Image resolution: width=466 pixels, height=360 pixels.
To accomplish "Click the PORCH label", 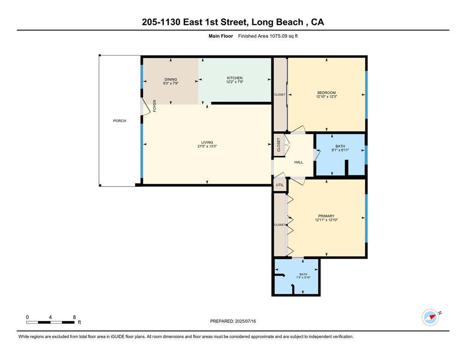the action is point(119,121).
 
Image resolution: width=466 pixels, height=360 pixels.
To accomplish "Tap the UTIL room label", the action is point(280,185).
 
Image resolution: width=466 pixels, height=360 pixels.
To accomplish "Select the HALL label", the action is point(299,162).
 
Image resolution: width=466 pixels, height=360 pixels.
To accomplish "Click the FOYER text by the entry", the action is point(154,106).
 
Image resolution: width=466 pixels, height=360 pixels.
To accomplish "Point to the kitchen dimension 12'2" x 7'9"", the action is point(235,82).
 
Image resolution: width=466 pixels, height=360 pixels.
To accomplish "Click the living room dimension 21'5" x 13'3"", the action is point(207,146).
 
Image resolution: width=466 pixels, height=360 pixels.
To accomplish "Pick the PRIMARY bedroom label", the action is point(326,216).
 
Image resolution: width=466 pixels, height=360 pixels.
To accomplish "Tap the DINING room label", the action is point(171,80).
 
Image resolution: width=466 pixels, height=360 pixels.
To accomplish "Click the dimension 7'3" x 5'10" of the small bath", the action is point(303,278).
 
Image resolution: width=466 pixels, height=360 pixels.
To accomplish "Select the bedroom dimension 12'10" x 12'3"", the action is point(326,97).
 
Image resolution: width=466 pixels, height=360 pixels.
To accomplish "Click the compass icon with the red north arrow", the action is point(430,317).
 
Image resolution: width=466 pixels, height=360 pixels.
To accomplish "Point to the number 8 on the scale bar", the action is point(74,317).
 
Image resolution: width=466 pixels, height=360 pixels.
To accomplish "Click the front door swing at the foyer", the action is point(145,106).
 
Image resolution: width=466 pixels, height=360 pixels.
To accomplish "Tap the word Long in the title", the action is point(263,22).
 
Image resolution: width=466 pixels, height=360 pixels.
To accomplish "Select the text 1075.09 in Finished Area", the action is point(278,36).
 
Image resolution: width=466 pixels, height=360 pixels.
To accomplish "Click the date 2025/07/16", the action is point(245,321).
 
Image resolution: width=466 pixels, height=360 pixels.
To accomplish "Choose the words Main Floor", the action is point(221,36).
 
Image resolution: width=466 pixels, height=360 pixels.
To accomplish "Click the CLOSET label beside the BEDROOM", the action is point(280,94).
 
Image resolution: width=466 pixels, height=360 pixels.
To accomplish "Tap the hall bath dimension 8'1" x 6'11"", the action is point(340,150).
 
